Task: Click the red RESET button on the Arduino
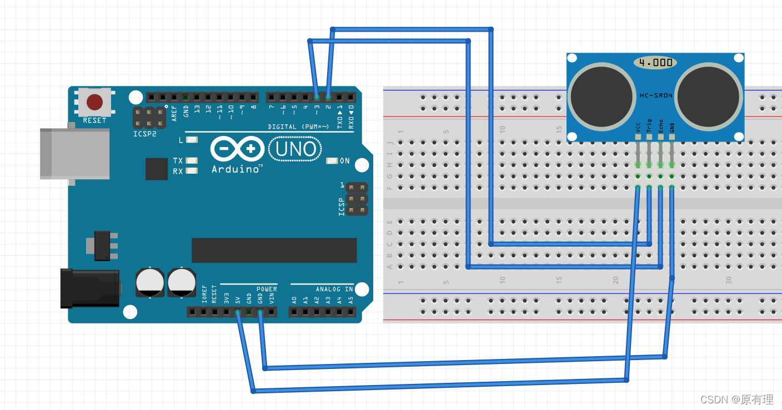pyautogui.click(x=94, y=102)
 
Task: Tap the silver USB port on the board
pyautogui.click(x=74, y=154)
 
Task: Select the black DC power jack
pyautogui.click(x=90, y=288)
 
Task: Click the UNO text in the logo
pyautogui.click(x=295, y=149)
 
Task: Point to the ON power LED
pyautogui.click(x=332, y=161)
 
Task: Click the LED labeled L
pyautogui.click(x=192, y=140)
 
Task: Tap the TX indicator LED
pyautogui.click(x=192, y=161)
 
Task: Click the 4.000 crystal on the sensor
pyautogui.click(x=655, y=62)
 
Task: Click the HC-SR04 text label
pyautogui.click(x=655, y=95)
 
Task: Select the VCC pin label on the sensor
pyautogui.click(x=638, y=127)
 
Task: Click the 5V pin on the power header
pyautogui.click(x=238, y=312)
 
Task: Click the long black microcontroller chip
pyautogui.click(x=274, y=250)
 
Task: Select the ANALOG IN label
pyautogui.click(x=334, y=289)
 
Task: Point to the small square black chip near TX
pyautogui.click(x=157, y=169)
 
